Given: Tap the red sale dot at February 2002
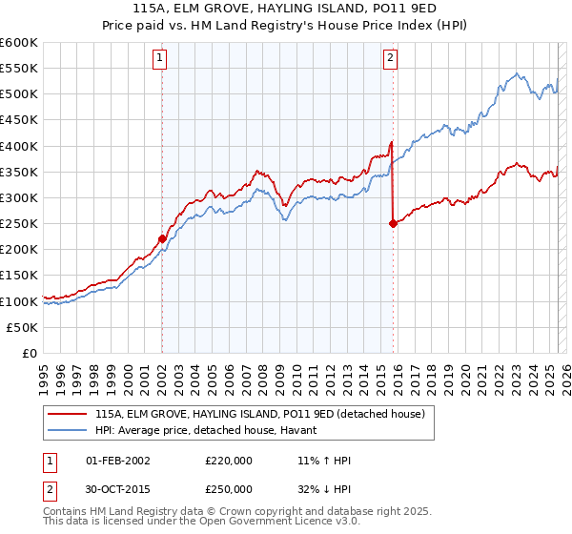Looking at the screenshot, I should pyautogui.click(x=162, y=238).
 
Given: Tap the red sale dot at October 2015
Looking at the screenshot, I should pyautogui.click(x=393, y=223).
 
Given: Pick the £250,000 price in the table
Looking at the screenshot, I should pyautogui.click(x=229, y=488).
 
